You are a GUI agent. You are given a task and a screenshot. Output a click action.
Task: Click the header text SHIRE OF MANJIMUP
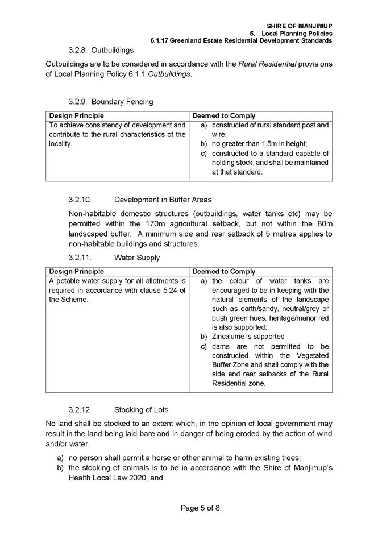click(299, 26)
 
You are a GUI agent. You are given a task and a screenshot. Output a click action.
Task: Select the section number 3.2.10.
click(80, 200)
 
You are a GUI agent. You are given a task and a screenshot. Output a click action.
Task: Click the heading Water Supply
click(137, 258)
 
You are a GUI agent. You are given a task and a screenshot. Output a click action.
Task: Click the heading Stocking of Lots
click(141, 409)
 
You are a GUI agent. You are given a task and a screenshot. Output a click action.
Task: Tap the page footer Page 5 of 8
click(188, 508)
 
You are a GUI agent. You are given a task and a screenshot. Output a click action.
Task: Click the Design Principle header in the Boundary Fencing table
click(76, 115)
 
